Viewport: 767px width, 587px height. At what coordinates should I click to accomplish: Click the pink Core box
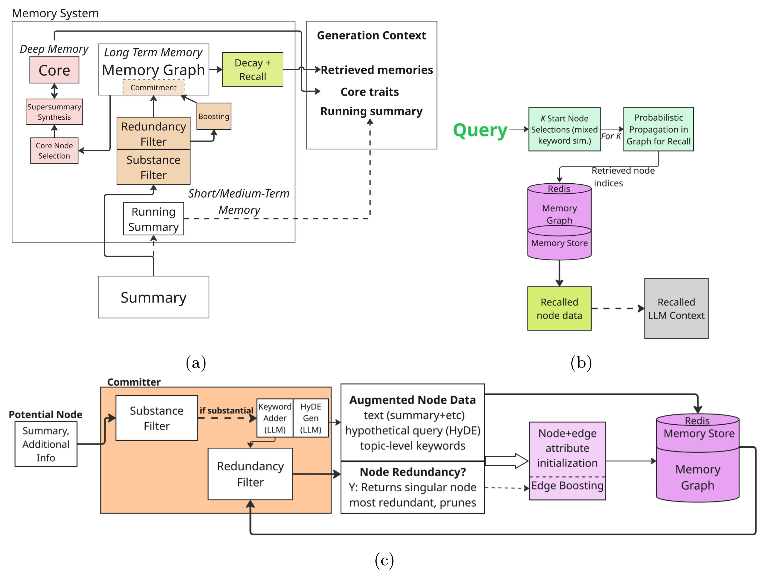(x=54, y=70)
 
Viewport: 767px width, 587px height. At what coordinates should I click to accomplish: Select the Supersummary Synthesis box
(x=54, y=112)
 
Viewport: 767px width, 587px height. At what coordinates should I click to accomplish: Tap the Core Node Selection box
(x=54, y=151)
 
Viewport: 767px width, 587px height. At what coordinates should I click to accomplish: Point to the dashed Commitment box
(x=153, y=88)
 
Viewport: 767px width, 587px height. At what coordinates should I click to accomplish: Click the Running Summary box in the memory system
(x=153, y=219)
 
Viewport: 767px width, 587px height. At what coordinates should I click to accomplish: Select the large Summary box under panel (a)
(x=153, y=297)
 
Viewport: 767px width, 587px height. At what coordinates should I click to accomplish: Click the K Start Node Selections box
(x=564, y=129)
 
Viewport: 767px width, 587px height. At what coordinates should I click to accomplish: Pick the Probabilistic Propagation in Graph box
(x=658, y=129)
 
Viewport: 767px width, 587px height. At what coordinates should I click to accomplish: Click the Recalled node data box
(x=559, y=308)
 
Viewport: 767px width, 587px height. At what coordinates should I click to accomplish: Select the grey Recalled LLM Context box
(x=676, y=308)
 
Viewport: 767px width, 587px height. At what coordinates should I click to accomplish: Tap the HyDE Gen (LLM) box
(x=311, y=418)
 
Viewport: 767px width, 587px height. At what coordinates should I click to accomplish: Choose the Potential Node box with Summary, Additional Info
(x=46, y=444)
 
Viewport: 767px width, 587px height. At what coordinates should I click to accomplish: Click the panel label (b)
(x=581, y=363)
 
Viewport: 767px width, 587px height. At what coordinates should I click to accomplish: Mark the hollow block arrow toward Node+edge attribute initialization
(x=507, y=461)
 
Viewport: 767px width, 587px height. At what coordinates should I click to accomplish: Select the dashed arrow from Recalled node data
(x=617, y=308)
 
